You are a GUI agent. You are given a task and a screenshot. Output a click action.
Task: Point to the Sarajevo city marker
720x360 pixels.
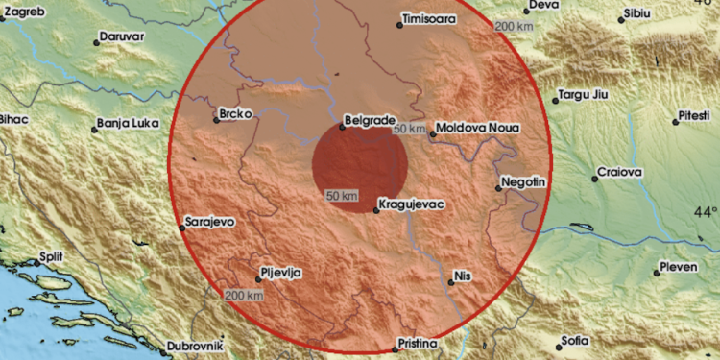[181, 228]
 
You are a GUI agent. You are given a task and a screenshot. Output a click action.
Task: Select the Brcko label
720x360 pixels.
[235, 114]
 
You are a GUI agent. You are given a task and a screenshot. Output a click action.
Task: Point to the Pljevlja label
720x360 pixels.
[283, 273]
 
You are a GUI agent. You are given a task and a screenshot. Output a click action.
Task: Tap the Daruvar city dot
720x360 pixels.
[97, 42]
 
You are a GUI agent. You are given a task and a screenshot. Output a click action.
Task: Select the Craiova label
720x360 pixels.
[618, 172]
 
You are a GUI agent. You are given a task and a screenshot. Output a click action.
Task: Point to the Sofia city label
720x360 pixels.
[576, 341]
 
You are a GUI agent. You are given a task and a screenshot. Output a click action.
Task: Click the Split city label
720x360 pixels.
[50, 258]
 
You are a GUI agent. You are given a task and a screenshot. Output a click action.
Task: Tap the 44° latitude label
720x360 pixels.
[706, 211]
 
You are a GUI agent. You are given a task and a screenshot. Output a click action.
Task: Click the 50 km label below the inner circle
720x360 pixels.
[342, 196]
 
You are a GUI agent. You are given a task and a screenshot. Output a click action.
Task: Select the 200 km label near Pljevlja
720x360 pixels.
[243, 295]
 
